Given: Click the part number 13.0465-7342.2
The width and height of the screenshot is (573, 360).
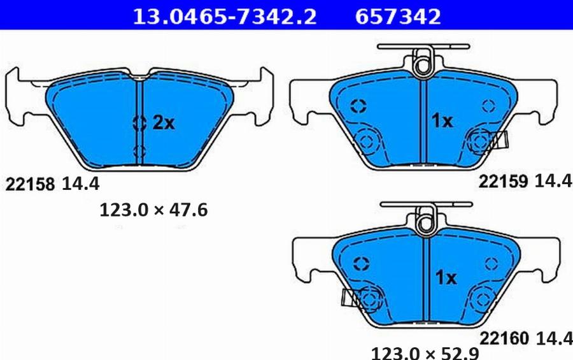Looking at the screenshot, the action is coord(224,17).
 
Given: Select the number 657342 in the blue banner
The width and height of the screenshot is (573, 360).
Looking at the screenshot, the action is coord(398,17).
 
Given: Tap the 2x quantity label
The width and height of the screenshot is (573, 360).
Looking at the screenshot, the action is coord(164,122).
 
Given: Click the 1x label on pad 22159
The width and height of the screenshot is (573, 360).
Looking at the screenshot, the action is coord(442,120).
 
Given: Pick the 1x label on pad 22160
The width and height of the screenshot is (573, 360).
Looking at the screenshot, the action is coord(446,278).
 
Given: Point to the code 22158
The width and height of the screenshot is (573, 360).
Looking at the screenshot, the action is coord(30,184).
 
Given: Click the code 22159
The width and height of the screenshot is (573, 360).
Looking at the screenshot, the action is coord(503,181).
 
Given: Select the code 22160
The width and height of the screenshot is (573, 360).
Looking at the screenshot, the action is coord(504,338).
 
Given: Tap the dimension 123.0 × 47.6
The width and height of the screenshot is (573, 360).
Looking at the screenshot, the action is coord(153,210).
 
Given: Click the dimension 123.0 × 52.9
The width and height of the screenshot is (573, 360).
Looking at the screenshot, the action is coord(425,354).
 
